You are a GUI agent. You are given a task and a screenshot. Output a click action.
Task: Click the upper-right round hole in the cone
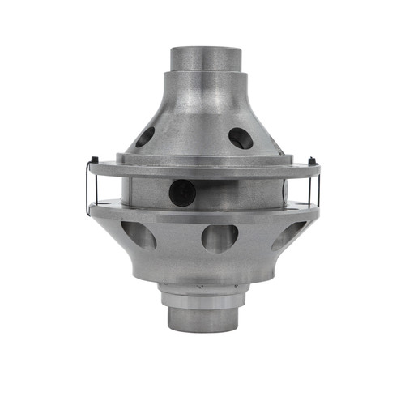(x=240, y=138)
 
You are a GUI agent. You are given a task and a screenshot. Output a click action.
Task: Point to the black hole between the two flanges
(x=182, y=192)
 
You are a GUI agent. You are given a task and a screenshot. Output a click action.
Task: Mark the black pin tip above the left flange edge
(x=96, y=158)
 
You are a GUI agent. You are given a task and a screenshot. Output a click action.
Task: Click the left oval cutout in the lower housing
(x=139, y=235)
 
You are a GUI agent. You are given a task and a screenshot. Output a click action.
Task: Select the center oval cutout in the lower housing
(x=220, y=237)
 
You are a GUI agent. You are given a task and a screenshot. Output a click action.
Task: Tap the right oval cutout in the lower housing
(x=289, y=234)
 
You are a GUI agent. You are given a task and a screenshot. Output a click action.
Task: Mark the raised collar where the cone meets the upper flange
(x=202, y=158)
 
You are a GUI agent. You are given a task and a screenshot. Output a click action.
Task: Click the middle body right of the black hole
(x=243, y=193)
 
